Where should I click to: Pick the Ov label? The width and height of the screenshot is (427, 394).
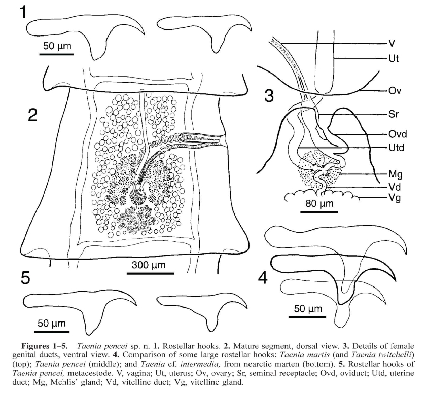pos(393,91)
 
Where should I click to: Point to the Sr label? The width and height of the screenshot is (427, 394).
pos(392,114)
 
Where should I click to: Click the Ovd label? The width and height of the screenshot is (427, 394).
pos(396,134)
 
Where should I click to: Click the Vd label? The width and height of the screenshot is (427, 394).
pos(393,186)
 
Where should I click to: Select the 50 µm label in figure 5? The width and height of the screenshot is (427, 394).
pos(50,323)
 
